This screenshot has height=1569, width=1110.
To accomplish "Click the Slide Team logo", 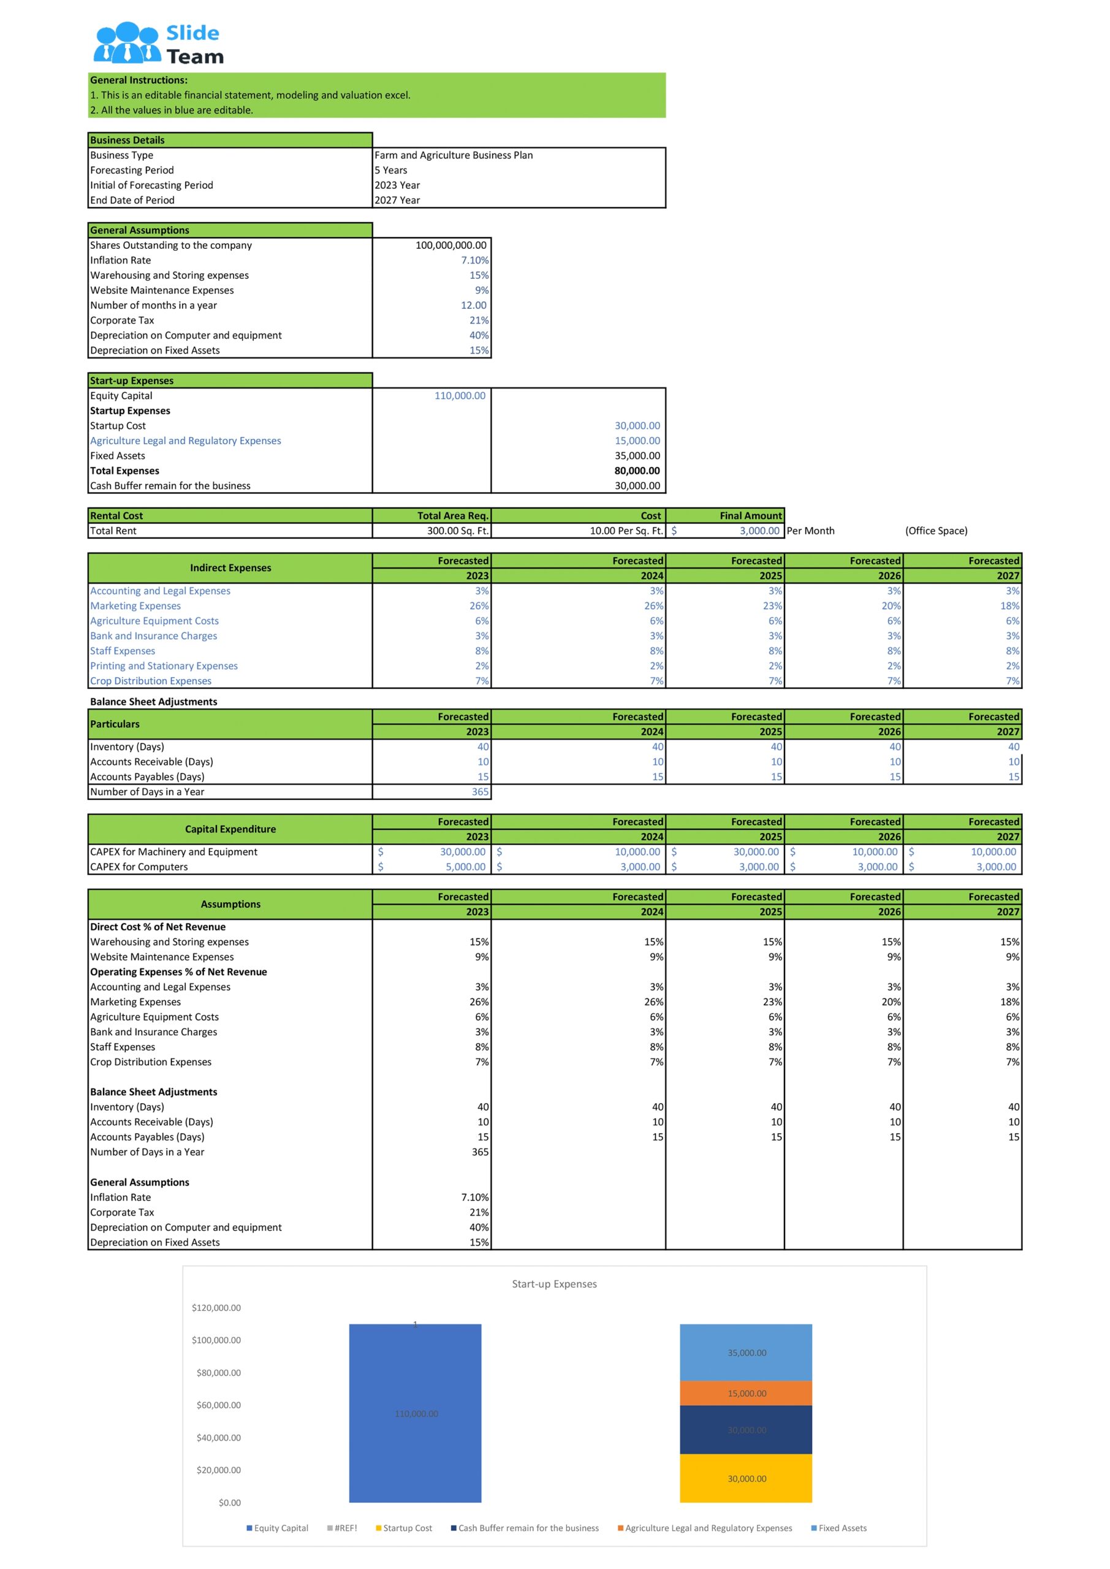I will pos(159,44).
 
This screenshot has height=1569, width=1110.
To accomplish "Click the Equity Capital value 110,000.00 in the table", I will pos(459,396).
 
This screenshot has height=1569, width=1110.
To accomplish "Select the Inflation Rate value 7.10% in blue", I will pos(474,260).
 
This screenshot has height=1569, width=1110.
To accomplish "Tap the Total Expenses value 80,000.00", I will pos(637,471).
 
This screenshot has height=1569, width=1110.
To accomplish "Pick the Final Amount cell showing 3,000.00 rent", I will pos(759,531).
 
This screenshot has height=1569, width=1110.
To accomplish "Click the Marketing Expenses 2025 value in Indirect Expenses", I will pos(772,606).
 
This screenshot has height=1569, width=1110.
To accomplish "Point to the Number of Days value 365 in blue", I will pos(480,792).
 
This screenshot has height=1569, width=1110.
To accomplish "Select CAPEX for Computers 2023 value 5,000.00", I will pos(465,867).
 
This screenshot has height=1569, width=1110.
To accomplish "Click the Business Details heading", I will pos(128,140).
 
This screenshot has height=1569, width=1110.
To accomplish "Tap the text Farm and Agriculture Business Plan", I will pos(453,155).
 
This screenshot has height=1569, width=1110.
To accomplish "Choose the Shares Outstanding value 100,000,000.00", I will pos(450,245).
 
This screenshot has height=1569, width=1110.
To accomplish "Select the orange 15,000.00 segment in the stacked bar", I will pos(746,1393).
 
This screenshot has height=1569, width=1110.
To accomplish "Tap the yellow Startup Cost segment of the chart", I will pos(746,1478).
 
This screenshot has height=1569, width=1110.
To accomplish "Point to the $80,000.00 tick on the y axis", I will pos(219,1373).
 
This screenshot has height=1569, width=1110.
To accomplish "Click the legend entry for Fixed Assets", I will pos(842,1528).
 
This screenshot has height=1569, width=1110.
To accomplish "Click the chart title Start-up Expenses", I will pos(554,1284).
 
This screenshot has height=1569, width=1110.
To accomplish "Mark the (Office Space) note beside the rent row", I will pos(936,531).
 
